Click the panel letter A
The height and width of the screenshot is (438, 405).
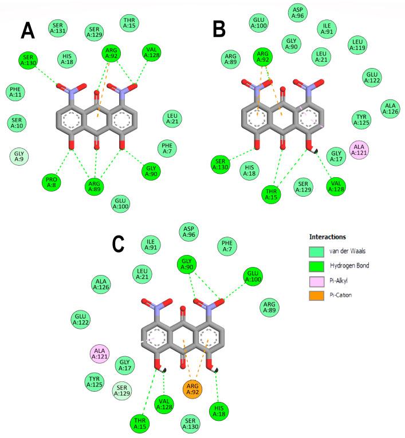[x=27, y=30]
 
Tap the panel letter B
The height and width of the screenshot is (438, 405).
[x=219, y=29]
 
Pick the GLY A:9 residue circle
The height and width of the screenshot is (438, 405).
[x=19, y=156]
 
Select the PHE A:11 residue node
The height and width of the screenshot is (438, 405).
[x=15, y=92]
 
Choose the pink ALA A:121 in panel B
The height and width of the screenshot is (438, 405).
[x=361, y=149]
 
